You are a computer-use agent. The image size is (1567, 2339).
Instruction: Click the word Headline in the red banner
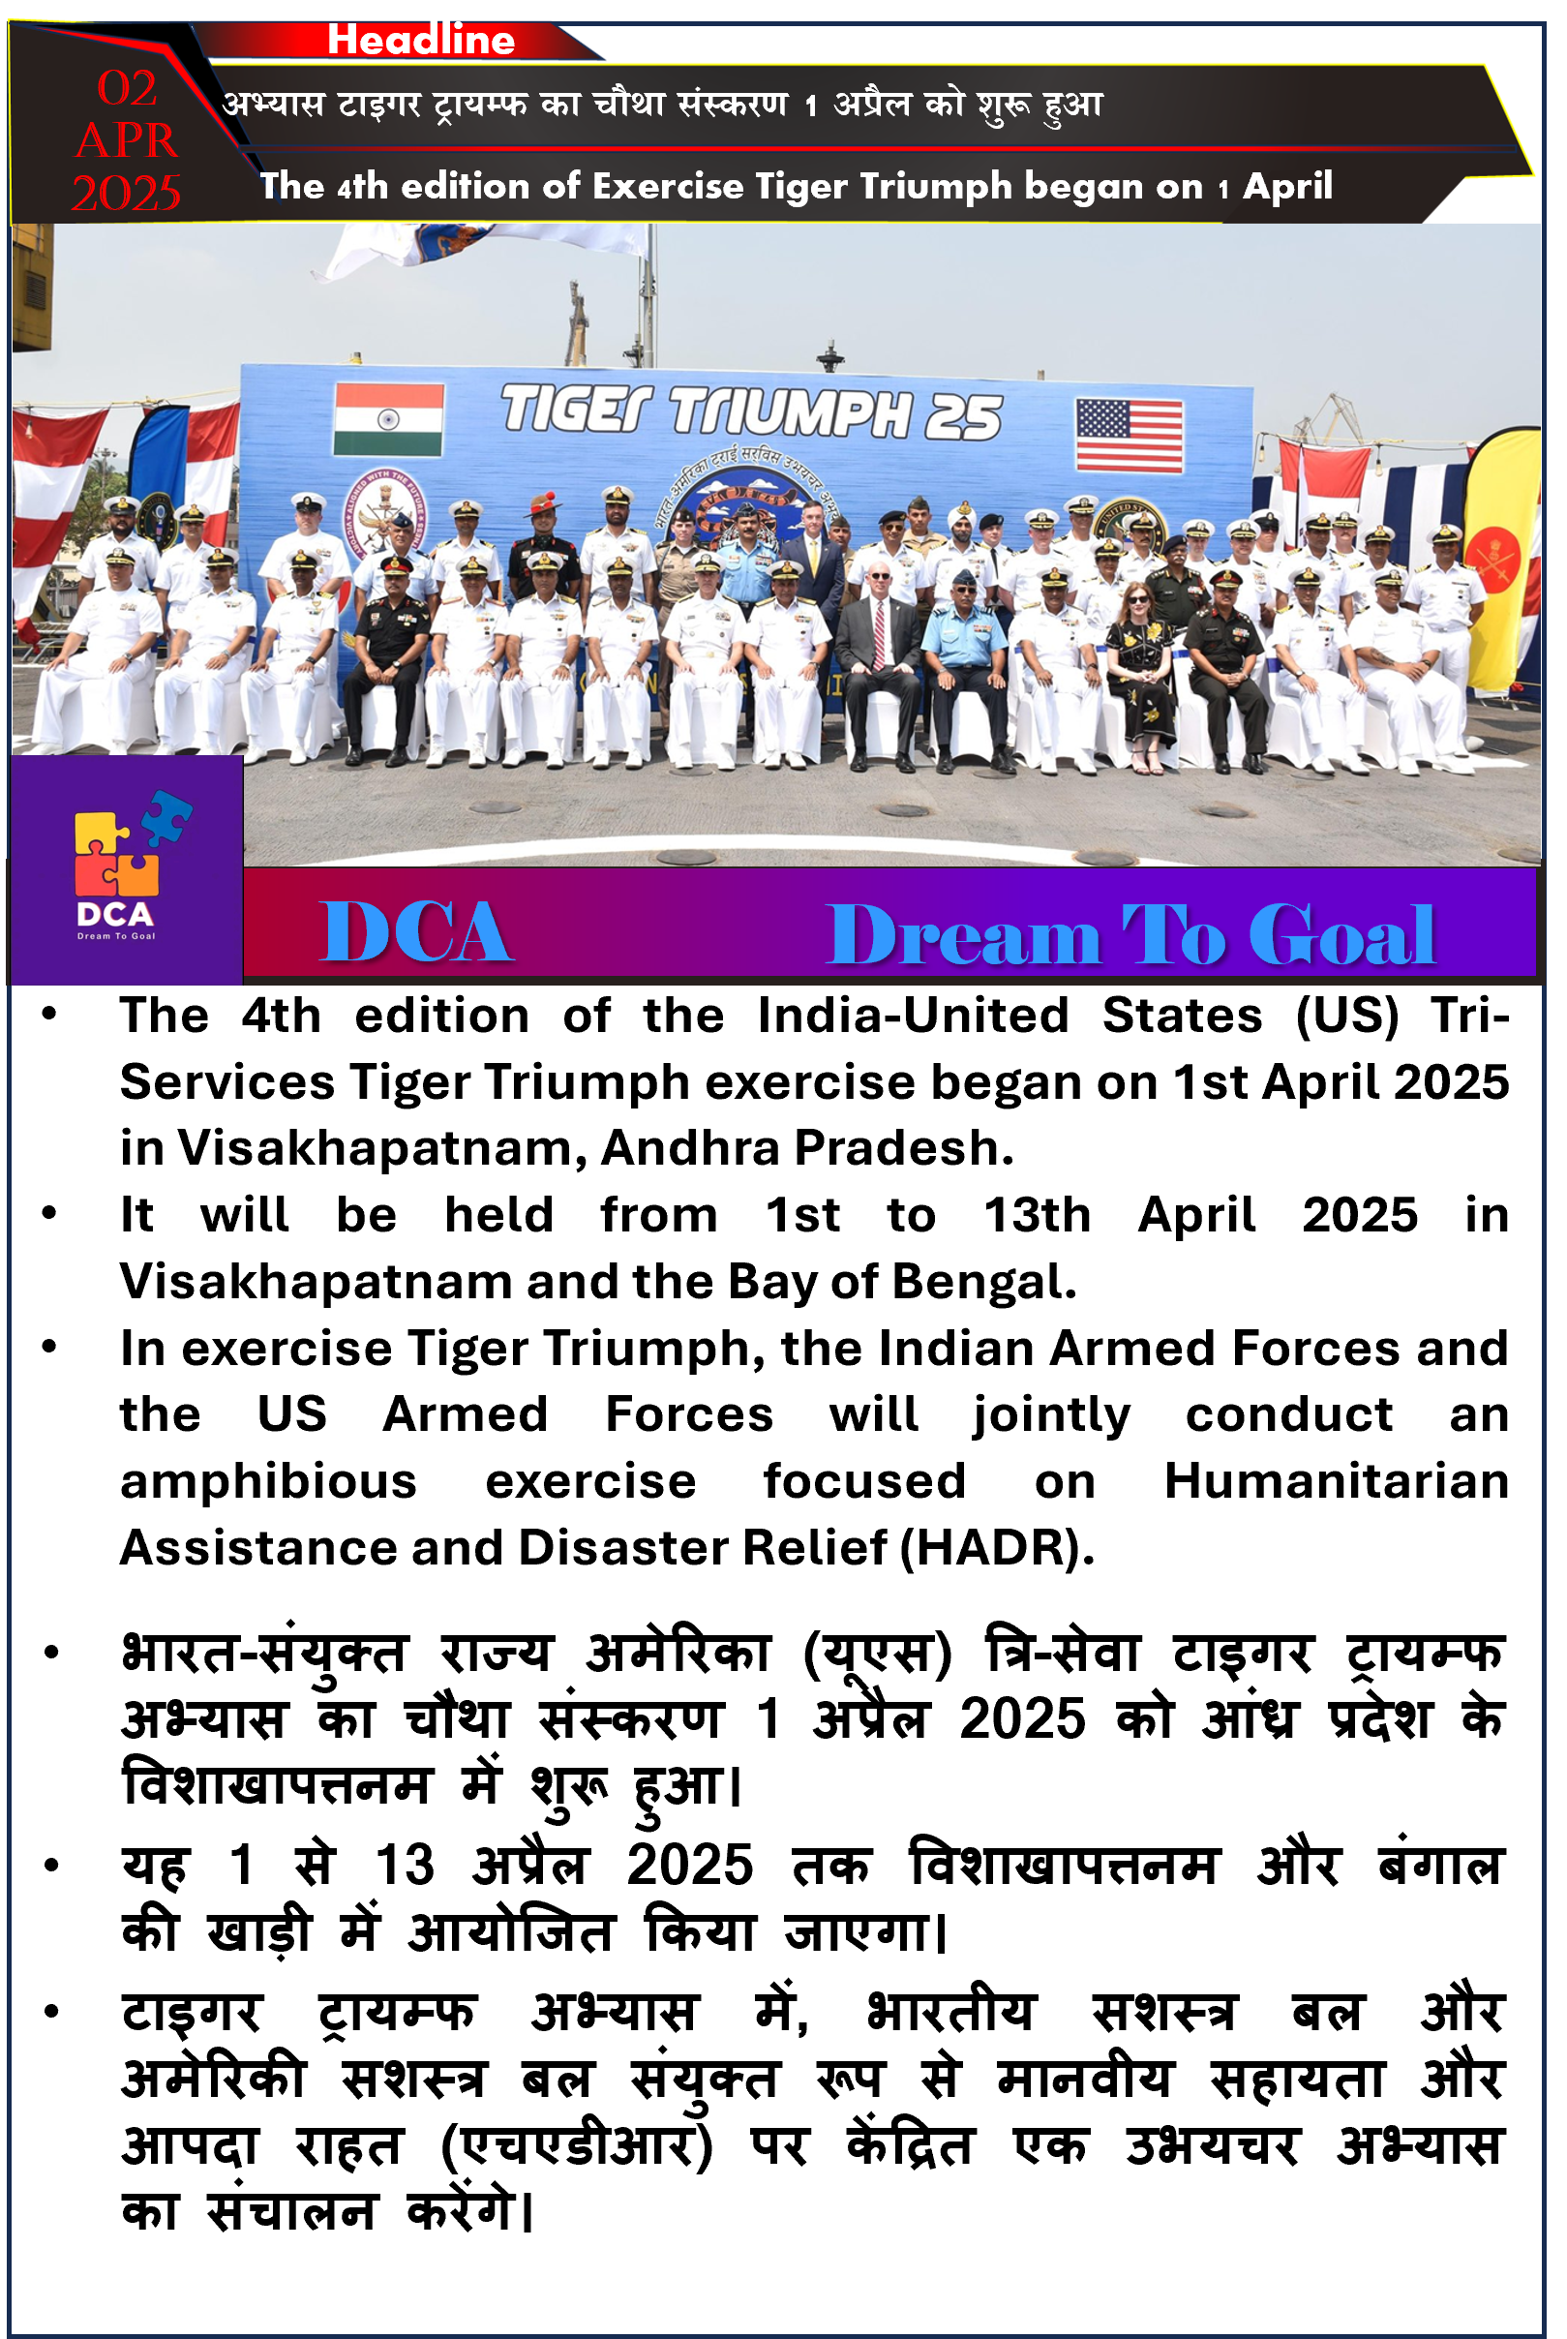[x=421, y=39]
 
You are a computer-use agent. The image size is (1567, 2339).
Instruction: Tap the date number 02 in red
[x=127, y=88]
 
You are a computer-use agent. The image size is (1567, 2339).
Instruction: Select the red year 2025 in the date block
[x=126, y=193]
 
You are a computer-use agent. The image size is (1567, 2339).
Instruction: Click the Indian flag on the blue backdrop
[x=389, y=420]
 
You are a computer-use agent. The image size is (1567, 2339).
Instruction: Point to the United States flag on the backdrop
[x=1130, y=435]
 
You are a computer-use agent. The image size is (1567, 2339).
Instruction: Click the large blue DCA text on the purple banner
[x=417, y=932]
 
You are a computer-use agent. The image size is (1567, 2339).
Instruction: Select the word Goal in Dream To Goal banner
[x=1342, y=934]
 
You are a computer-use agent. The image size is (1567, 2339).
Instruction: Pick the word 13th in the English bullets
[x=1038, y=1214]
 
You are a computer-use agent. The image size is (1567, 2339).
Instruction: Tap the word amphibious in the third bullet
[x=269, y=1481]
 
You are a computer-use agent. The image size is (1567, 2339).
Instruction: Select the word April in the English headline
[x=1287, y=186]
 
